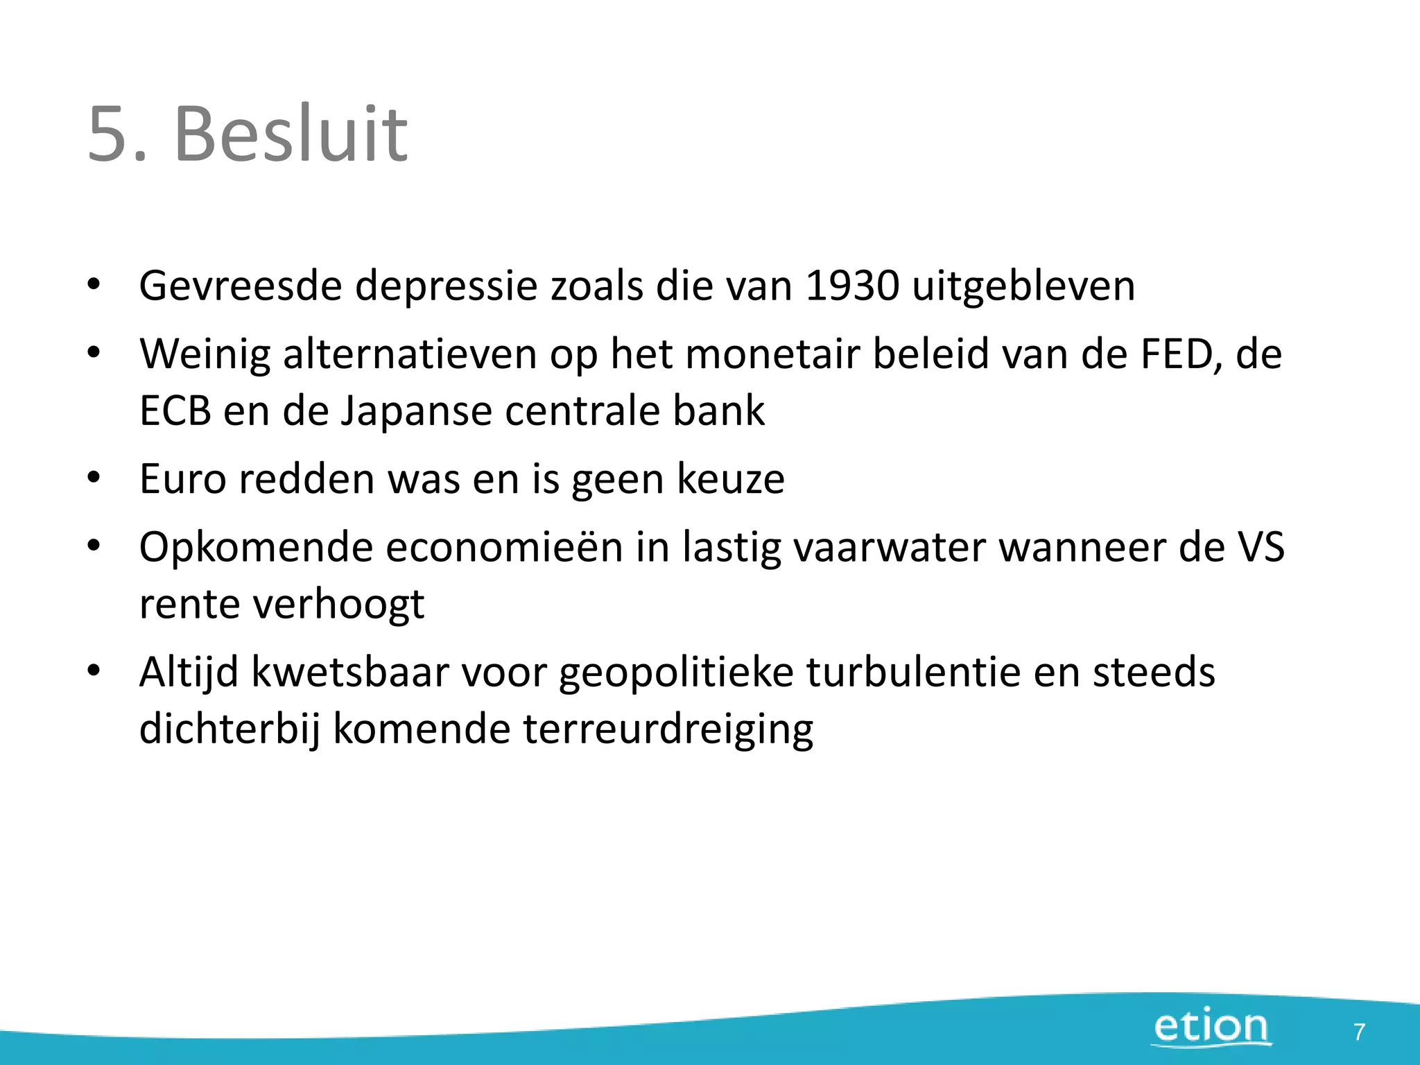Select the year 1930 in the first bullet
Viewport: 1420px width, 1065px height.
point(852,286)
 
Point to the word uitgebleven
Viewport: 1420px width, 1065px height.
point(1023,286)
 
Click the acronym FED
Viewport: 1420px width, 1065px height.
point(1181,354)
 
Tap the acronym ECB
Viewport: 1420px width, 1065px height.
point(175,410)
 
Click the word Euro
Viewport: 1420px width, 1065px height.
point(182,478)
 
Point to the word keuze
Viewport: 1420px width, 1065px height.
point(730,478)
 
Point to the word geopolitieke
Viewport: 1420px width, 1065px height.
point(676,672)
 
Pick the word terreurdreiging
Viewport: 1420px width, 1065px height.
point(668,729)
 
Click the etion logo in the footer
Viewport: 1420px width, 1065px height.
point(1211,1027)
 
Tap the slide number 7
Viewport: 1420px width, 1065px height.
point(1359,1032)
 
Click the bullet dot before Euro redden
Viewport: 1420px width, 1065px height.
point(94,478)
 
